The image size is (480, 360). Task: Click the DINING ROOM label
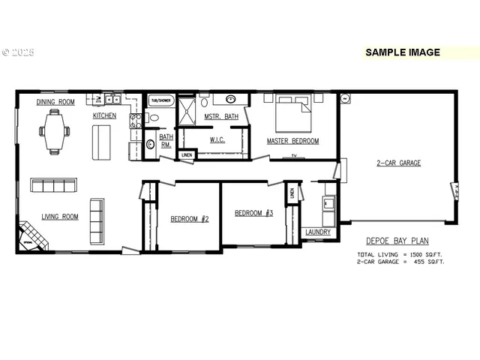(x=55, y=102)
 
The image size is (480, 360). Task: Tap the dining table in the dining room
(x=55, y=131)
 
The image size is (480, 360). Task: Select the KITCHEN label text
(x=104, y=116)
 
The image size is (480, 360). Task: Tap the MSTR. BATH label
(x=222, y=116)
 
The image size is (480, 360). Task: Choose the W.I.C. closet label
(x=218, y=139)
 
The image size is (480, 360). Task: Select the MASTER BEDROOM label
(x=292, y=141)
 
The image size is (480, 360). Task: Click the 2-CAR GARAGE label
(x=398, y=163)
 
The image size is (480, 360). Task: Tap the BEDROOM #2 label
(x=189, y=219)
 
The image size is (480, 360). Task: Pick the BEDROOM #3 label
(x=253, y=213)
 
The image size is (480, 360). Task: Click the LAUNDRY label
(x=318, y=232)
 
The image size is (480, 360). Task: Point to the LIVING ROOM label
(x=60, y=217)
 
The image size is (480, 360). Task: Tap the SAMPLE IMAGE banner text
(x=402, y=52)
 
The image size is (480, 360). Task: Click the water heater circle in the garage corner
(x=346, y=98)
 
